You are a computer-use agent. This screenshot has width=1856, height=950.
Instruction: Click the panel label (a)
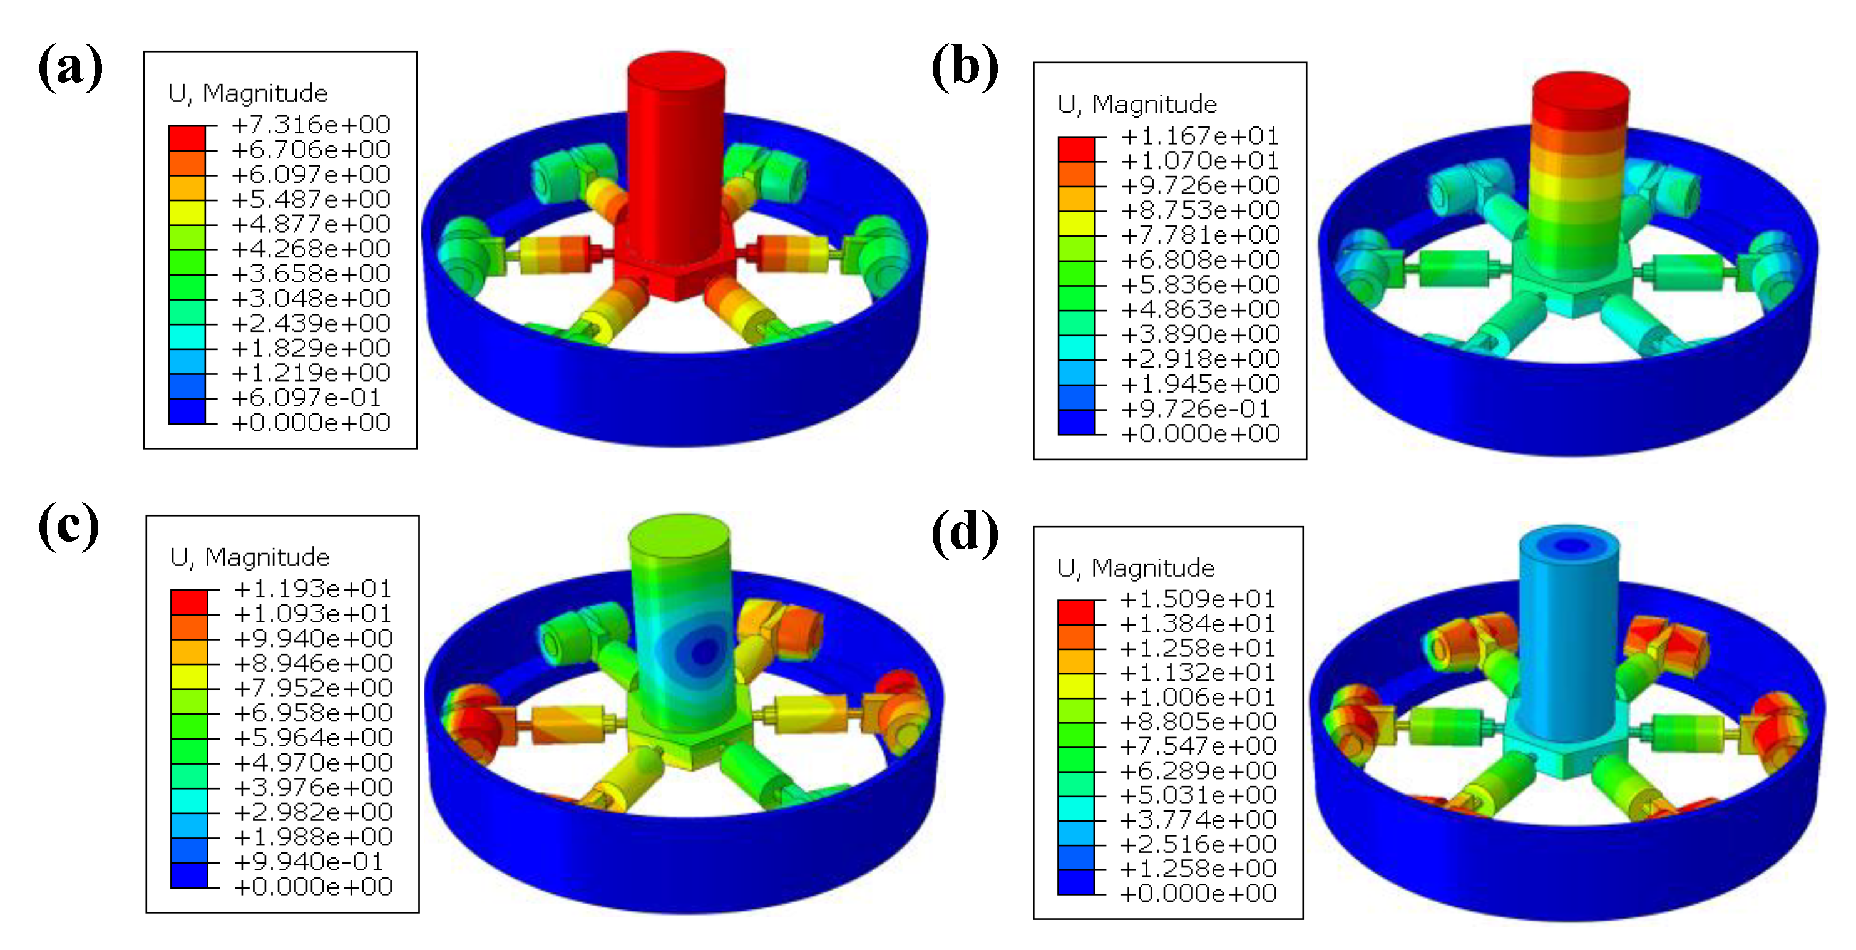pyautogui.click(x=70, y=67)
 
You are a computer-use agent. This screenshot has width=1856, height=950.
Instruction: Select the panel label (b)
pyautogui.click(x=965, y=67)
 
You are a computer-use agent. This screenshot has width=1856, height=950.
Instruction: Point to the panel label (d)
pyautogui.click(x=965, y=534)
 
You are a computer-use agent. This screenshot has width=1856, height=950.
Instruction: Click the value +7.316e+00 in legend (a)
pyautogui.click(x=311, y=125)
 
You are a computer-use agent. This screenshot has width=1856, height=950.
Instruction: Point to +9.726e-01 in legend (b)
pyautogui.click(x=1196, y=409)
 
